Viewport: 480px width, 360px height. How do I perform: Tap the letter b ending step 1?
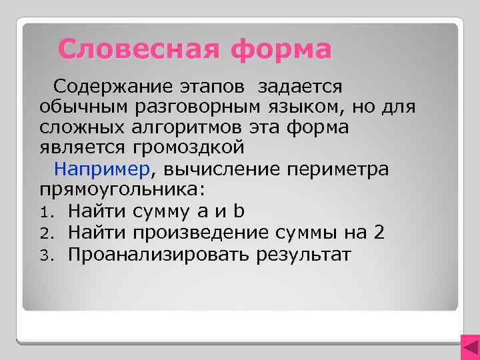coord(239,211)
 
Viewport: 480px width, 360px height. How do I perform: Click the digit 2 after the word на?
coord(378,233)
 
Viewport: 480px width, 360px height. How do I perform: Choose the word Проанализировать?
coord(158,254)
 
